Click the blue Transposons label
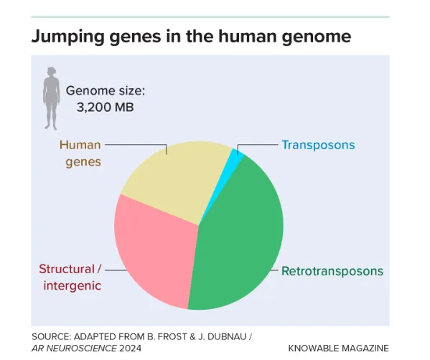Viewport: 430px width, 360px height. (318, 145)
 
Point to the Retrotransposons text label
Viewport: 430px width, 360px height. (332, 271)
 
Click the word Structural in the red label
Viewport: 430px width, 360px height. (67, 269)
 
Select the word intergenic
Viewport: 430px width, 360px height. (72, 285)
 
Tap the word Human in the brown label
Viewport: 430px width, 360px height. (80, 145)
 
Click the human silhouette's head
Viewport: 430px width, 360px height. (51, 71)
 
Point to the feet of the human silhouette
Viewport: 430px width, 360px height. (51, 127)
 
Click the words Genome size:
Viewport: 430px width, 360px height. (106, 90)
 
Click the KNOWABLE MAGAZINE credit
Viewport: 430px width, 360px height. (338, 349)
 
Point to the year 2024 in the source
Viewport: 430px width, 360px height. (130, 349)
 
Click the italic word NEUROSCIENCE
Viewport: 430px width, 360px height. (82, 349)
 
